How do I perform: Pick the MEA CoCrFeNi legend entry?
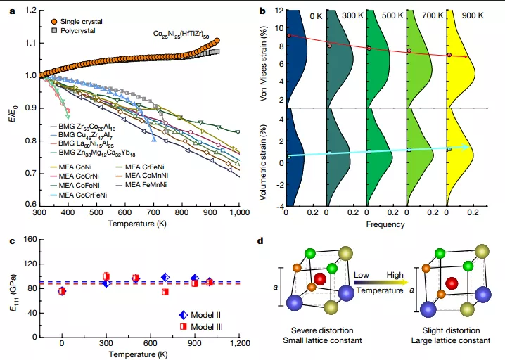point(83,193)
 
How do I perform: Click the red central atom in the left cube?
point(320,279)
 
